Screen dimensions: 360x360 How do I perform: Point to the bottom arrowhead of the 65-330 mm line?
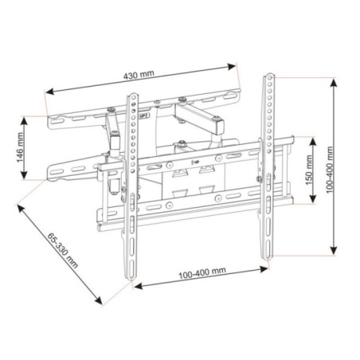[x=102, y=302]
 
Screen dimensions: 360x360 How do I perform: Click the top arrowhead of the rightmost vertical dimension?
[x=334, y=79]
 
